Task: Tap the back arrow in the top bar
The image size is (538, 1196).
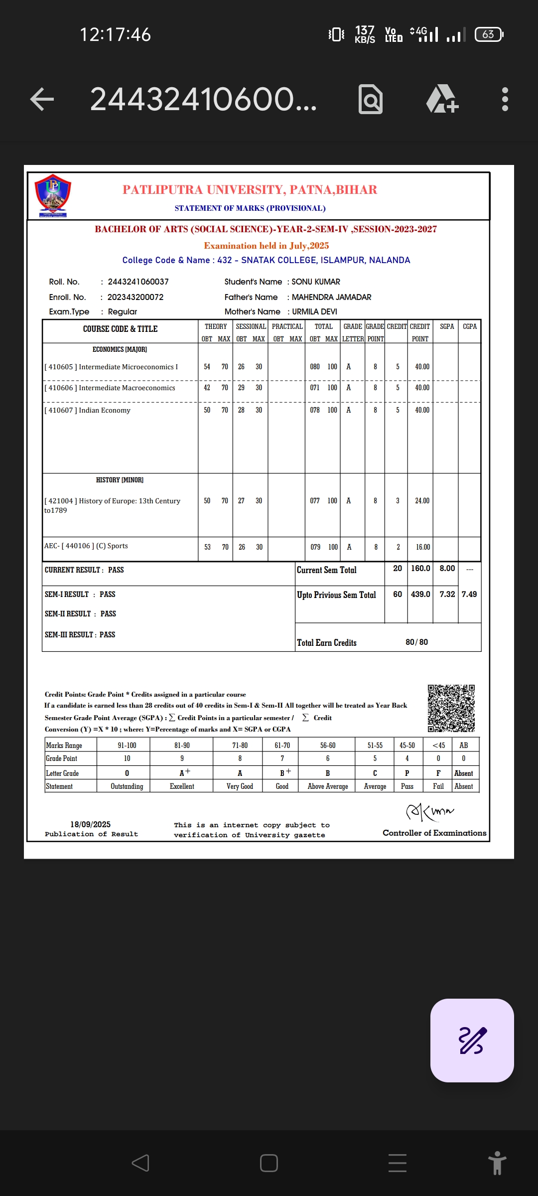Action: coord(42,99)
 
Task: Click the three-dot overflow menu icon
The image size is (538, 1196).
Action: coord(505,99)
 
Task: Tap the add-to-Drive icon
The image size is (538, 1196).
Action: coord(442,99)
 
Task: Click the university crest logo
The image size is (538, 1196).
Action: coord(53,195)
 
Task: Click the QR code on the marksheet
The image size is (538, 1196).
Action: coord(451,708)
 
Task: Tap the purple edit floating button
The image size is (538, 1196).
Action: coord(472,1040)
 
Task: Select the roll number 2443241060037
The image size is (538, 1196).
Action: coord(138,282)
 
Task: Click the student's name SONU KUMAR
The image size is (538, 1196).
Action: coord(316,282)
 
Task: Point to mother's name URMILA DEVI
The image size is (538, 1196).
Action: coord(314,311)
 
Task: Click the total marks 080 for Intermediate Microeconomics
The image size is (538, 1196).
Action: coord(315,367)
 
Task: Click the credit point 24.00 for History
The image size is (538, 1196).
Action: coord(422,501)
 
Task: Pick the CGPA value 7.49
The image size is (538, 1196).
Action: coord(469,594)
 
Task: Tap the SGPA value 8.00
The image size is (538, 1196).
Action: coord(447,568)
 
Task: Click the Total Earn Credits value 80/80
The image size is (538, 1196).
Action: coord(416,642)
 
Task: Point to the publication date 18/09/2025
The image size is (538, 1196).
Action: coord(90,824)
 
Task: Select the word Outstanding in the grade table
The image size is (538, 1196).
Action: coord(127,786)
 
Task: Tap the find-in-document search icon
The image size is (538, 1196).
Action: coord(371,99)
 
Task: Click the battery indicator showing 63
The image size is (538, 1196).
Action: coord(489,34)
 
